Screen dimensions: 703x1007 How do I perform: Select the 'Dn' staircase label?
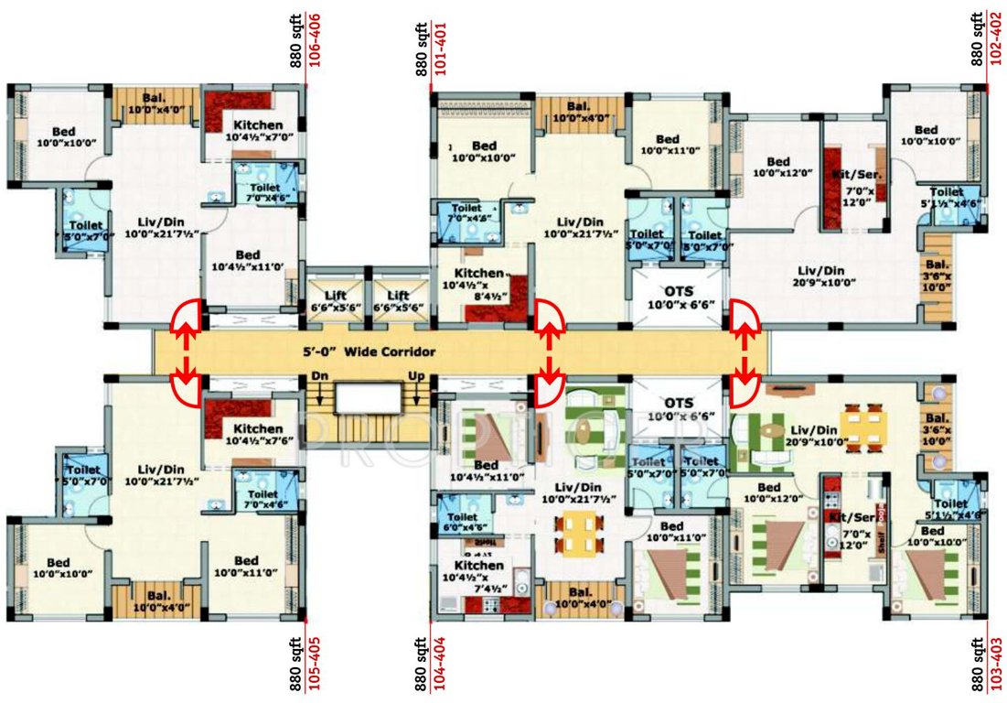pos(319,375)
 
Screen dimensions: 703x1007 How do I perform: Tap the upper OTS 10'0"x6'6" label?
pos(678,297)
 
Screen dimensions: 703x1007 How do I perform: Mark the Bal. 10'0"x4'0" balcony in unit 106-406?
pos(154,104)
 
